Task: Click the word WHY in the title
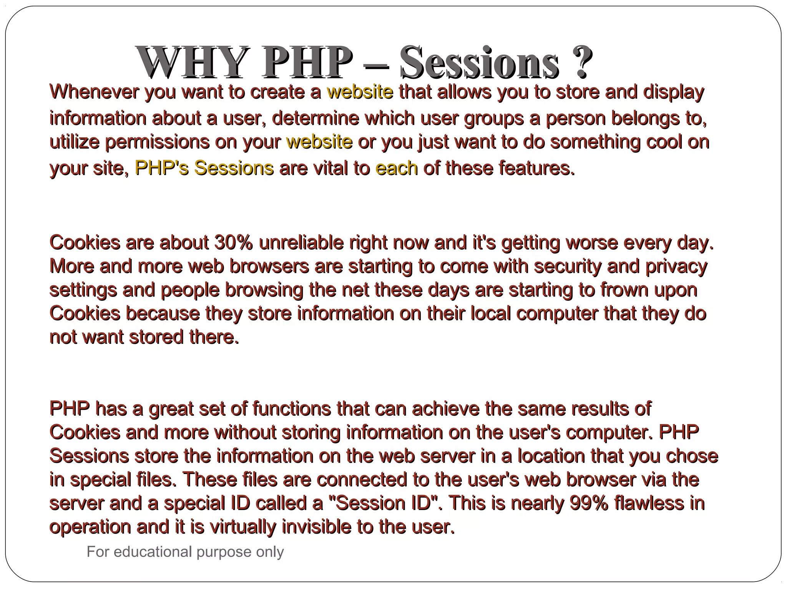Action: coord(191,62)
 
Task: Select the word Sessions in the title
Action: coord(479,62)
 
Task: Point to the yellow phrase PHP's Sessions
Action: coord(204,168)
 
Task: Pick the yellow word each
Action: coord(396,168)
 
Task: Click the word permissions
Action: coord(157,142)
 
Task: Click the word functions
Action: coord(291,409)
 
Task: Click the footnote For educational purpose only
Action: coord(185,552)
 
